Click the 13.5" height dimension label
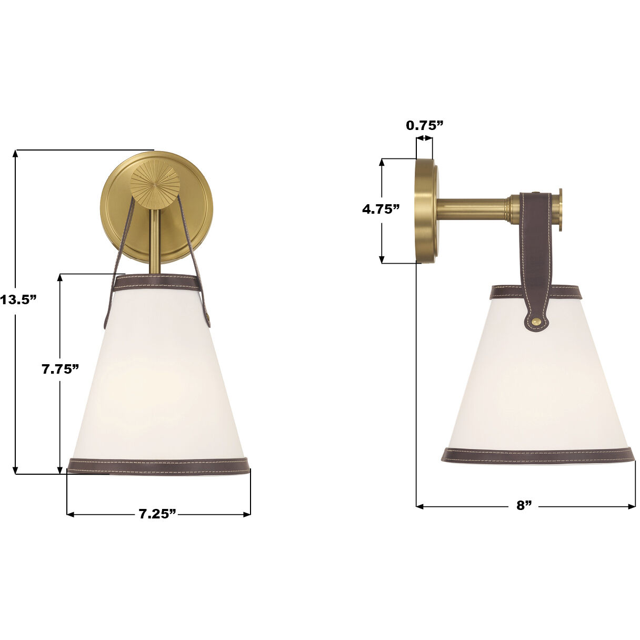click(19, 300)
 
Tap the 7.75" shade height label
click(61, 369)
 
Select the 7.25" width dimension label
click(157, 514)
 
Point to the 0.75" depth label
click(425, 125)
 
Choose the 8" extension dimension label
click(524, 506)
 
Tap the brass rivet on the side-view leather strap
click(536, 321)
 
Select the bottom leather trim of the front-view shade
click(158, 465)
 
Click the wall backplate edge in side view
click(423, 210)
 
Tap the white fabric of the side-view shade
click(537, 389)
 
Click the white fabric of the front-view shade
click(158, 379)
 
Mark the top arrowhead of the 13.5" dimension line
click(16, 154)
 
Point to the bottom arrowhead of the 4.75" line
click(383, 259)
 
